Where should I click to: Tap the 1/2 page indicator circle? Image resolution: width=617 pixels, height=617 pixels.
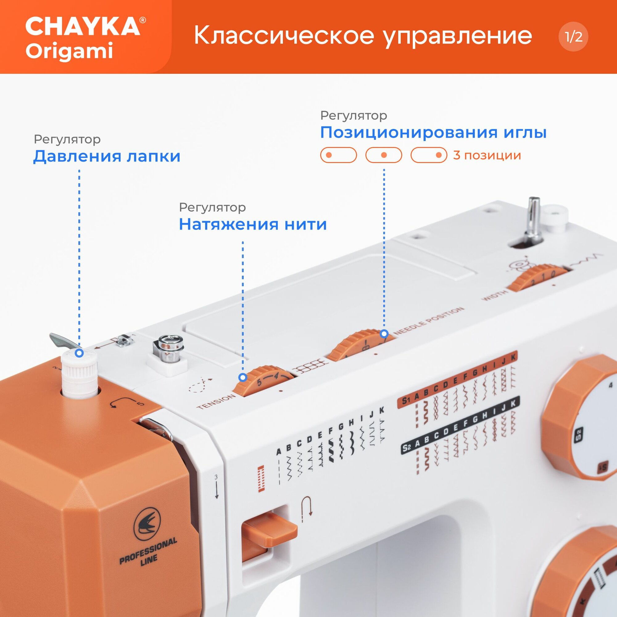[573, 37]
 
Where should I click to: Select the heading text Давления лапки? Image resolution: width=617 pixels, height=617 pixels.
[107, 156]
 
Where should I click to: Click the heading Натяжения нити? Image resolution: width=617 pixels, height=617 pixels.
[253, 224]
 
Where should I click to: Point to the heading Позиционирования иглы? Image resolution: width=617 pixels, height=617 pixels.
[433, 133]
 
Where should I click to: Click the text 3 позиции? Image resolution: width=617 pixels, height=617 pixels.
[487, 155]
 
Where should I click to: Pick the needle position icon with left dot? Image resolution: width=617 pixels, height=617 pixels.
[338, 155]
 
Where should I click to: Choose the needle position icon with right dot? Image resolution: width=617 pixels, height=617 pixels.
[429, 155]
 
